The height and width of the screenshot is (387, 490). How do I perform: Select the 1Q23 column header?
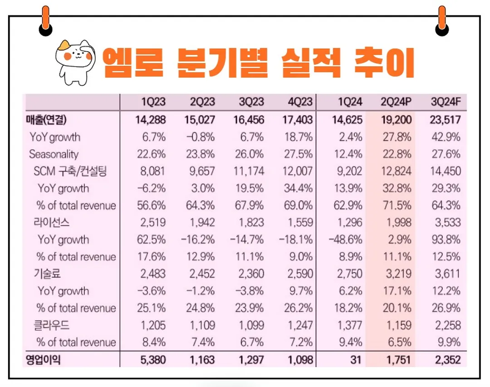(153, 102)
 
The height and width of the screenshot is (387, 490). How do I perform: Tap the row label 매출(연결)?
(46, 120)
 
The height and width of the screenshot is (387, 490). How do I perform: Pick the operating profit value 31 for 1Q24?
(356, 360)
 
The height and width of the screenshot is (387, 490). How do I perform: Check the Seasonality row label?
(54, 154)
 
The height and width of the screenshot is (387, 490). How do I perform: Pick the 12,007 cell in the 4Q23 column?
(298, 171)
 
